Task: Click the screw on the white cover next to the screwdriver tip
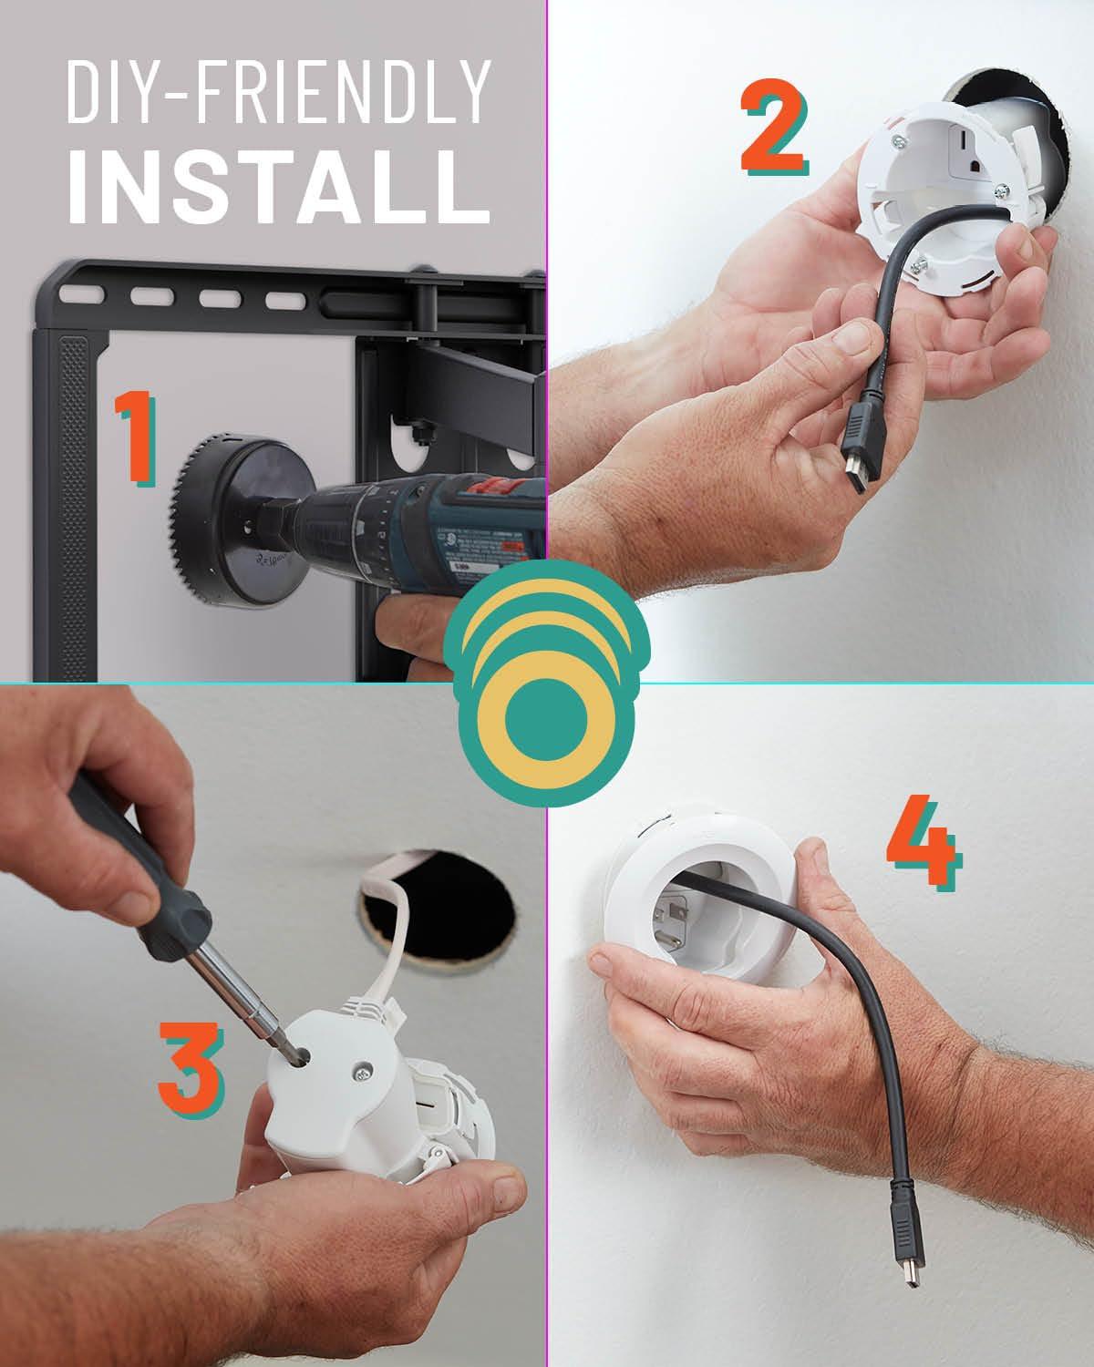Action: tap(362, 1075)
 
